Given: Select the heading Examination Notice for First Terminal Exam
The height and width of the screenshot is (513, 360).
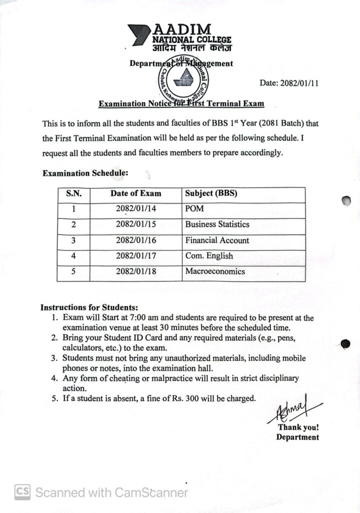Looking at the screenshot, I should (181, 104).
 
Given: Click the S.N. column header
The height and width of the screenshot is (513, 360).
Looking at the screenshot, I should (73, 193).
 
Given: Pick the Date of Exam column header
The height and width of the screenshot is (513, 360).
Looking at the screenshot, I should (136, 193).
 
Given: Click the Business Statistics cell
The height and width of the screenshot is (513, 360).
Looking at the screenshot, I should (217, 224).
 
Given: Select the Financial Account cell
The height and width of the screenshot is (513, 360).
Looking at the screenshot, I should (217, 240).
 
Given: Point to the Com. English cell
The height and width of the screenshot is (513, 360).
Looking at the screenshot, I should (209, 255).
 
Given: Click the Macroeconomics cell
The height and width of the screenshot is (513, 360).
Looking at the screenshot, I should (215, 271).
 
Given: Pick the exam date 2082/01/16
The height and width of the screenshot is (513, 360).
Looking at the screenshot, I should (136, 240).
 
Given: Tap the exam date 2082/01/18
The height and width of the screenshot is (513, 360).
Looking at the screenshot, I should (136, 271).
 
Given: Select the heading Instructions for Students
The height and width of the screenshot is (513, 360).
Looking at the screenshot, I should (89, 307).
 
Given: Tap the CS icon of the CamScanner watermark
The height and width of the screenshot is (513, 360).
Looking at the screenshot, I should (22, 492).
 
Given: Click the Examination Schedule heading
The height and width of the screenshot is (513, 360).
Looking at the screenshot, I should (85, 173).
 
